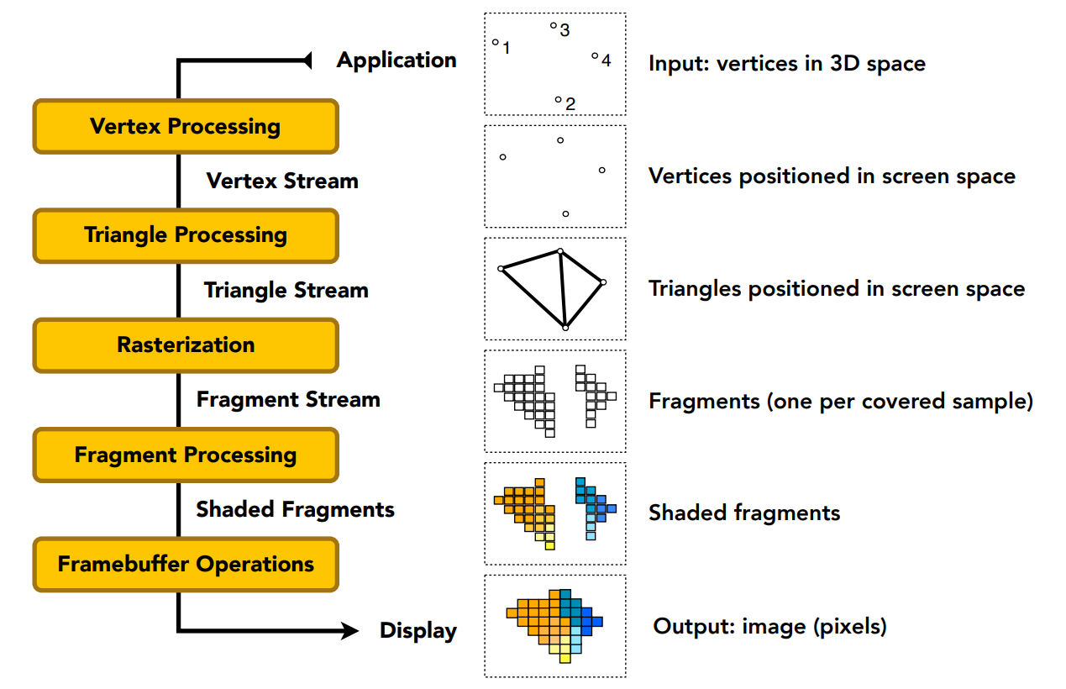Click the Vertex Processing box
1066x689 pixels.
[x=185, y=127]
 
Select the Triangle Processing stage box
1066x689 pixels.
[x=185, y=235]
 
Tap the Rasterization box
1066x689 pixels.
[x=185, y=344]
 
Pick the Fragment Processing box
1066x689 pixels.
[x=185, y=455]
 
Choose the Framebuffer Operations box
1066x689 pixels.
[x=185, y=564]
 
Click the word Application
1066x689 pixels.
[x=396, y=60]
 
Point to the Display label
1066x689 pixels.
[x=418, y=631]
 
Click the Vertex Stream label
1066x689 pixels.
[x=282, y=181]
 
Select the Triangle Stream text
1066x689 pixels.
[x=286, y=291]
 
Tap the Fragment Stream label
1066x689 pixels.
[x=288, y=400]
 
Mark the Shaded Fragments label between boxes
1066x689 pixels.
[x=295, y=509]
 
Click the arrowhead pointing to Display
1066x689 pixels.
[x=350, y=630]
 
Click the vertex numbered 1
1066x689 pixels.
[x=496, y=42]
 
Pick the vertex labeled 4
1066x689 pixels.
[x=595, y=56]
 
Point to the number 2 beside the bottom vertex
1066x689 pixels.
[x=570, y=105]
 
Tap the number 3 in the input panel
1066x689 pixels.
[x=565, y=31]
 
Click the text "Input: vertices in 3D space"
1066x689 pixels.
[x=786, y=64]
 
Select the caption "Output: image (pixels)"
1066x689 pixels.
[x=769, y=626]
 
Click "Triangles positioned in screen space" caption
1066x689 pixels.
[x=837, y=289]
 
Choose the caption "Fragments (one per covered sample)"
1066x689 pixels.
[x=841, y=401]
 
